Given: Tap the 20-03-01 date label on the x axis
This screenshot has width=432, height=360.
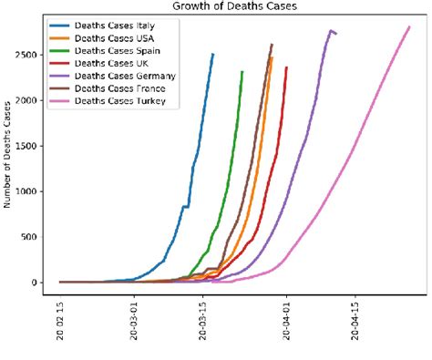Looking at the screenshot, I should (136, 318).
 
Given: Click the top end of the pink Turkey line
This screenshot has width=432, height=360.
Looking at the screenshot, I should (409, 26).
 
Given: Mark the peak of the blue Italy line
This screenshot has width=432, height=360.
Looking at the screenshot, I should (212, 54).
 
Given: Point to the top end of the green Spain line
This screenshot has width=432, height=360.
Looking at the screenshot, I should (242, 71).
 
